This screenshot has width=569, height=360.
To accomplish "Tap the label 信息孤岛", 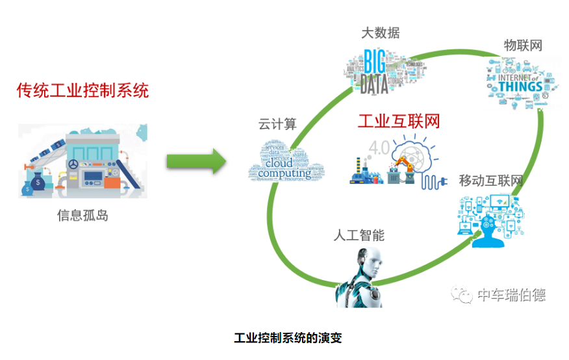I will tap(82, 216).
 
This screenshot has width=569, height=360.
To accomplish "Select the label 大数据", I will tap(380, 32).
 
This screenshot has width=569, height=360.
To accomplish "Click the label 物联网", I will tap(523, 45).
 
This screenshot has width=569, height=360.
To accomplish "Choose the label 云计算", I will tap(277, 124).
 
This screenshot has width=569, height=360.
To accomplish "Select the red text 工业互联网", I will tap(399, 121).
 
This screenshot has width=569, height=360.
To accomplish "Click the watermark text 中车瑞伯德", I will tap(511, 295).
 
